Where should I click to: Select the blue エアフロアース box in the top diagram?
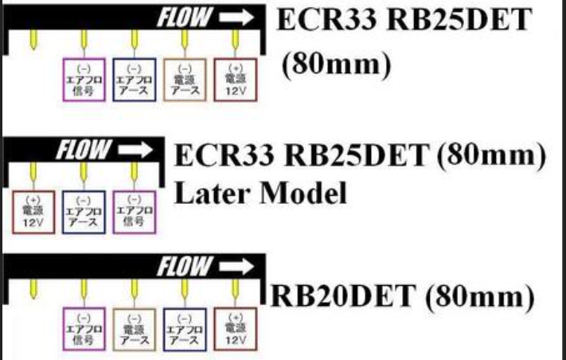tap(133, 78)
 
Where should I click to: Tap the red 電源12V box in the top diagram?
tap(235, 78)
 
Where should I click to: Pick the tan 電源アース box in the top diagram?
tap(184, 78)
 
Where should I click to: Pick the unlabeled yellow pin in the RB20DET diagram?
tap(33, 288)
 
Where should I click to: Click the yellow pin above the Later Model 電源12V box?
tap(33, 170)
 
